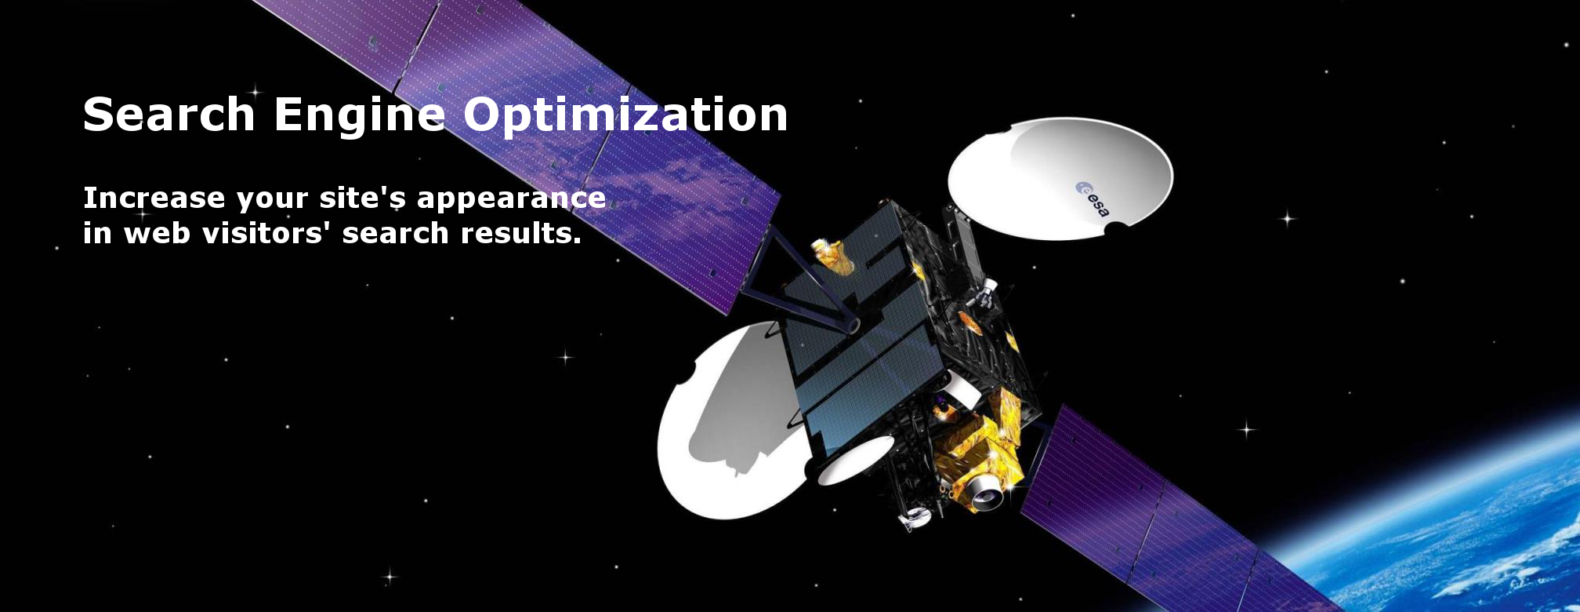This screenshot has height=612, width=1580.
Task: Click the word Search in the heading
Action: tap(169, 115)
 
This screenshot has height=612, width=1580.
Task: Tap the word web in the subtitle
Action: tap(157, 233)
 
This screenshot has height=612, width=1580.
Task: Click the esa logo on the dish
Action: tap(1093, 199)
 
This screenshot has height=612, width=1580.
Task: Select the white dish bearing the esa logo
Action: tap(1060, 178)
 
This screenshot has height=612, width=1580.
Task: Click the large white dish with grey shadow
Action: tap(725, 424)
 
